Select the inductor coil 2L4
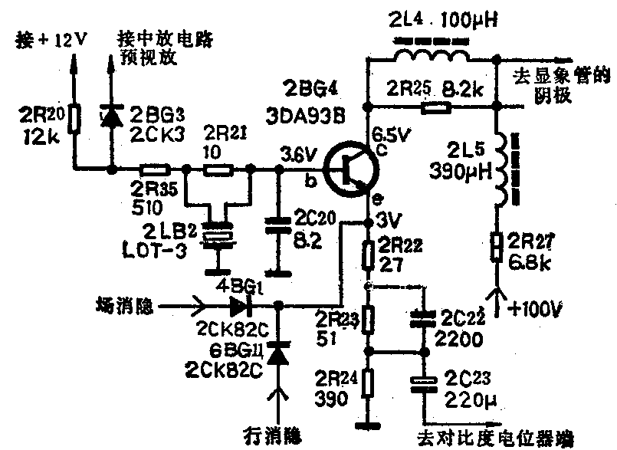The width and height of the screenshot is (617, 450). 432,55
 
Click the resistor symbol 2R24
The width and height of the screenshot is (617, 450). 369,383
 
